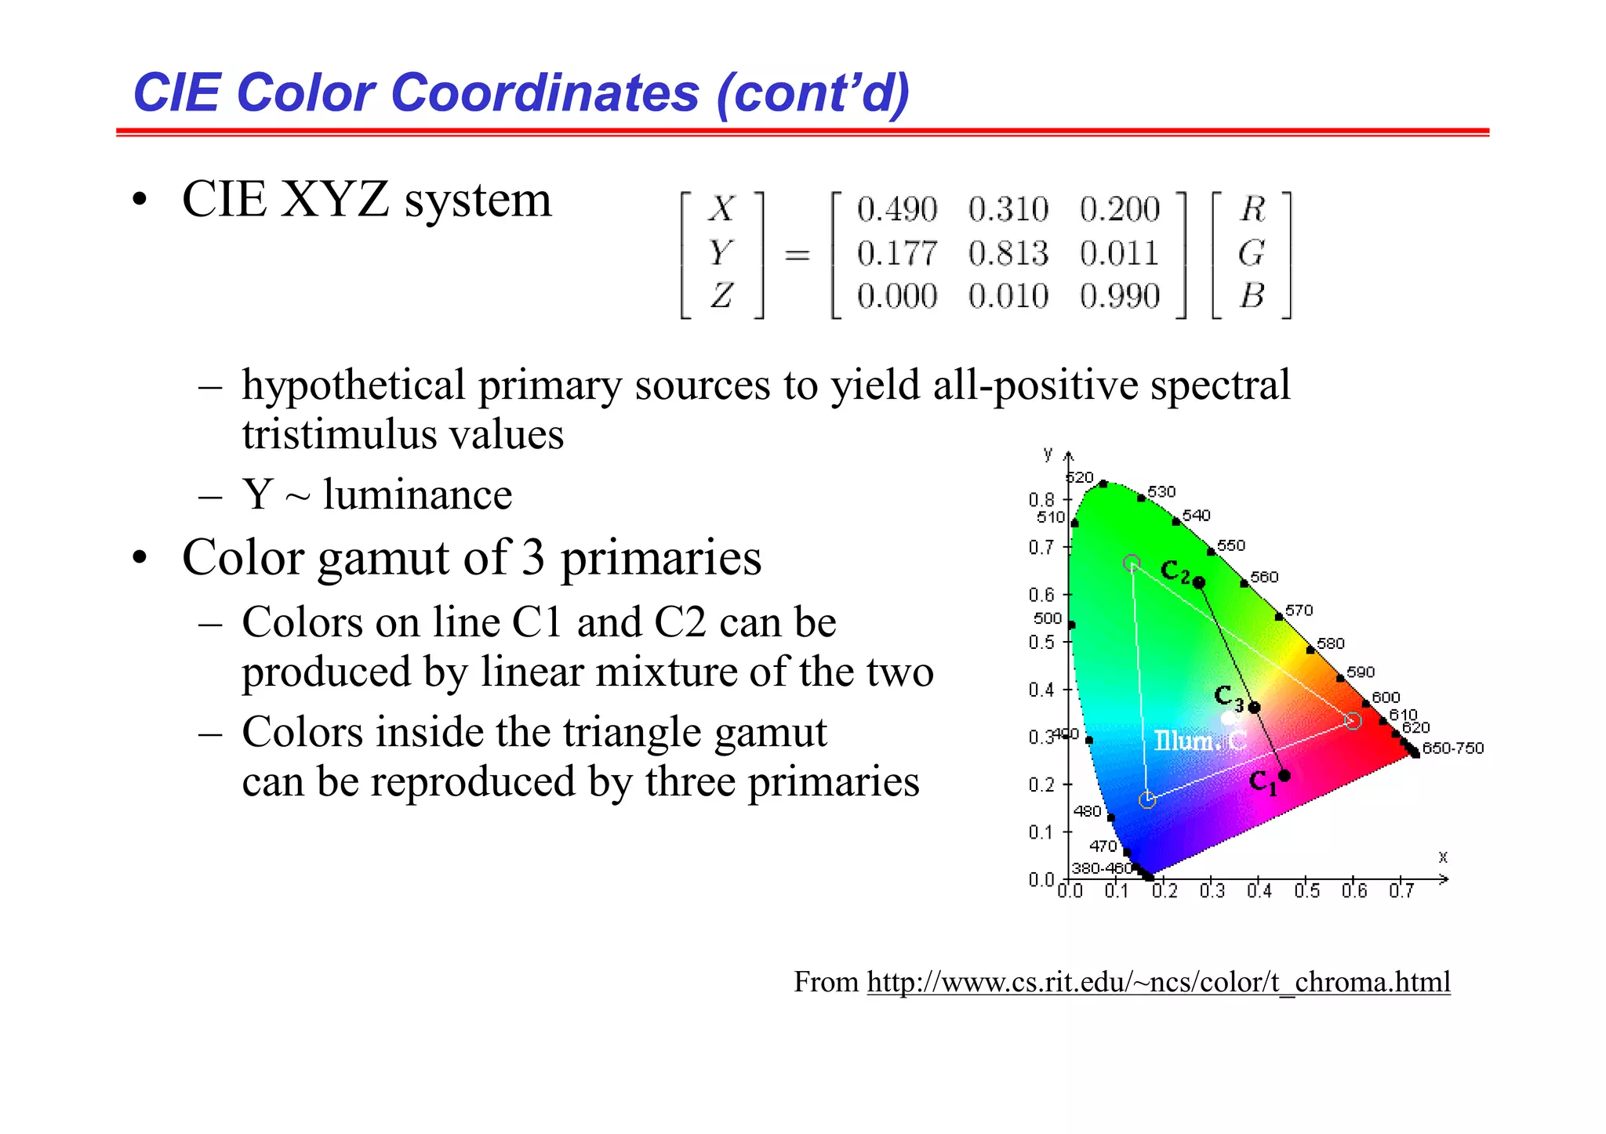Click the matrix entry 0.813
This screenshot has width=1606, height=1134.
(x=1008, y=253)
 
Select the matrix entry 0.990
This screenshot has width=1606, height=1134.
(x=1119, y=296)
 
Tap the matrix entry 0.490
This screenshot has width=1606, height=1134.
(x=896, y=209)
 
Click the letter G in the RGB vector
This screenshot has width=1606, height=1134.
(x=1252, y=253)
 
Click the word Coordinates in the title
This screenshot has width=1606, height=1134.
(x=544, y=92)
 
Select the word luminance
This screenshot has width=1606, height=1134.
(x=417, y=495)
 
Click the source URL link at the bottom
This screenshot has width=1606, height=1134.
(x=1158, y=981)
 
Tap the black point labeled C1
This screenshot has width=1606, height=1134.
(x=1284, y=775)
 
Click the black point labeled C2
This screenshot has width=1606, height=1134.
(x=1199, y=582)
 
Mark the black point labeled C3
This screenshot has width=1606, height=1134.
(x=1254, y=707)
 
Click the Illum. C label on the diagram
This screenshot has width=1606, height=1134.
(x=1199, y=741)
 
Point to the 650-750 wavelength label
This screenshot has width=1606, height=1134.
(x=1453, y=748)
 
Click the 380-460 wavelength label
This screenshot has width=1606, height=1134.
(x=1102, y=868)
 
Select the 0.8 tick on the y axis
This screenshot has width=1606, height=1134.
(x=1042, y=499)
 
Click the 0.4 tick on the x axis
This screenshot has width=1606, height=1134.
(x=1259, y=891)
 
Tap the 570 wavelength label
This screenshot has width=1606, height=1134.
(x=1299, y=610)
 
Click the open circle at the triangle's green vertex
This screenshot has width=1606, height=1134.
(x=1132, y=563)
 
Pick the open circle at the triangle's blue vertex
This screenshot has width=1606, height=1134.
(x=1146, y=799)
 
